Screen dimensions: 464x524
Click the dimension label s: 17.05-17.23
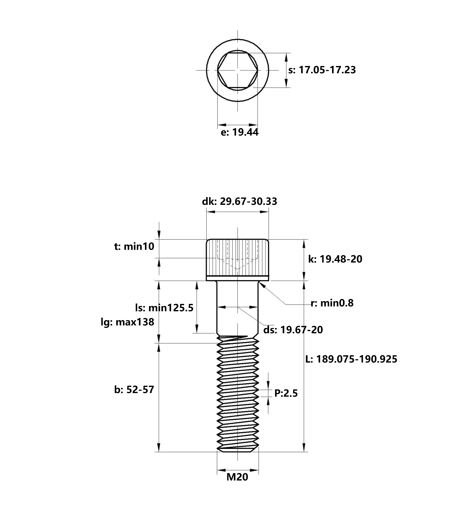[x=322, y=70]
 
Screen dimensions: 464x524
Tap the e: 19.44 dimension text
[x=240, y=132]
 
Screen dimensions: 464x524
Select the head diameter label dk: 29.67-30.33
[x=240, y=201]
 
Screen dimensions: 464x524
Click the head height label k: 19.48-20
[x=335, y=259]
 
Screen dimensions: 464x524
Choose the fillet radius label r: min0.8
[x=332, y=303]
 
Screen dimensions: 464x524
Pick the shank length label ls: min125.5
[x=164, y=308]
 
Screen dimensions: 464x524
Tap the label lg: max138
[x=127, y=322]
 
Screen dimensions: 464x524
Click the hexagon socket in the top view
[x=238, y=70]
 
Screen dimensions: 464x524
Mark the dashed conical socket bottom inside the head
[x=238, y=264]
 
